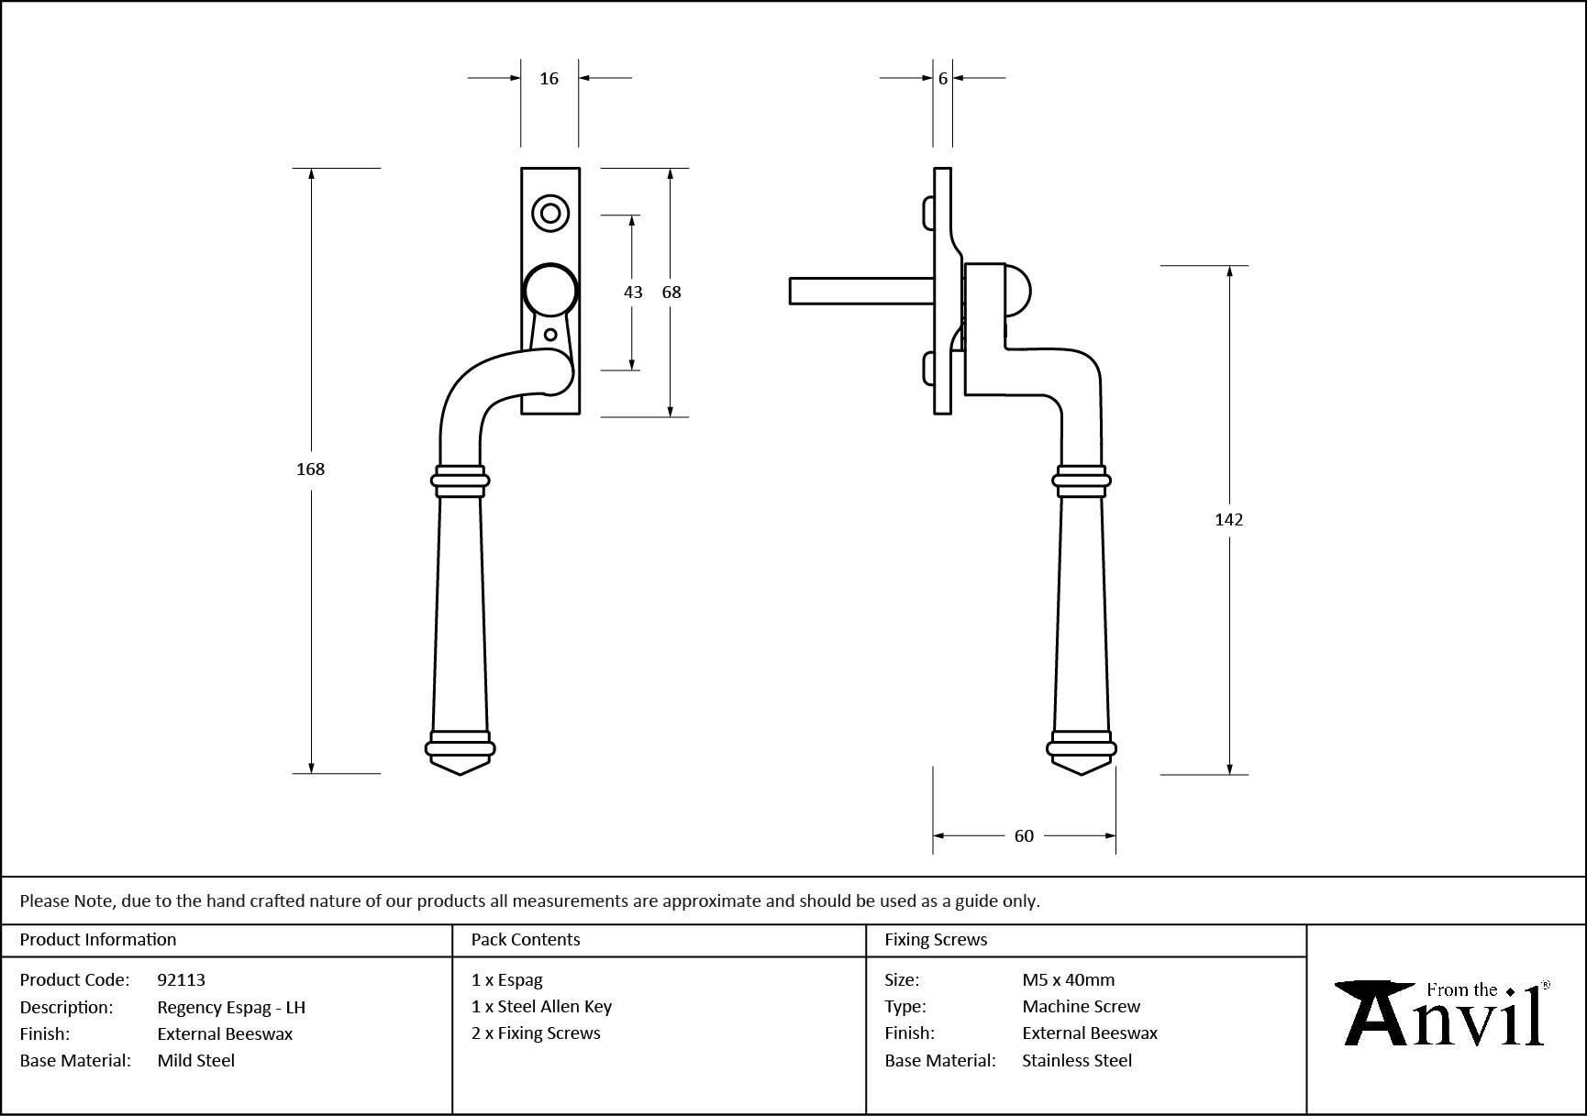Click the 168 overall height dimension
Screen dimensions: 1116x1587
point(310,469)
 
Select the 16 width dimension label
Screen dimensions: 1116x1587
point(549,79)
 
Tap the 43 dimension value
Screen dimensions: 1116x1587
point(633,292)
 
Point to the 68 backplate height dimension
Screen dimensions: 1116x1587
point(671,292)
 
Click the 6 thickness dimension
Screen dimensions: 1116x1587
point(943,79)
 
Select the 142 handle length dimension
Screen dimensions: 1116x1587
point(1228,519)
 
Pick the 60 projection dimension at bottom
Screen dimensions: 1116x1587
point(1024,835)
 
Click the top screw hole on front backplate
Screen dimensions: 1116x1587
point(550,214)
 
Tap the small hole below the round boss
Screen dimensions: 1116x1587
point(550,335)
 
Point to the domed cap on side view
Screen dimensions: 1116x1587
point(1018,291)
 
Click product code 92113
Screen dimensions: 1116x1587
point(181,979)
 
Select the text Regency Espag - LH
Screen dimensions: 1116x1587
point(231,1007)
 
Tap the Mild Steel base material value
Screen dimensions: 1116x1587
point(195,1060)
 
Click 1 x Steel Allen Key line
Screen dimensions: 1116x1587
point(541,1006)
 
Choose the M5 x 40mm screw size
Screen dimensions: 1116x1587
point(1068,979)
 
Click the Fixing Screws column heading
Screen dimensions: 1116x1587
point(936,939)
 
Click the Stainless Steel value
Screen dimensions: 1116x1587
point(1077,1060)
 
